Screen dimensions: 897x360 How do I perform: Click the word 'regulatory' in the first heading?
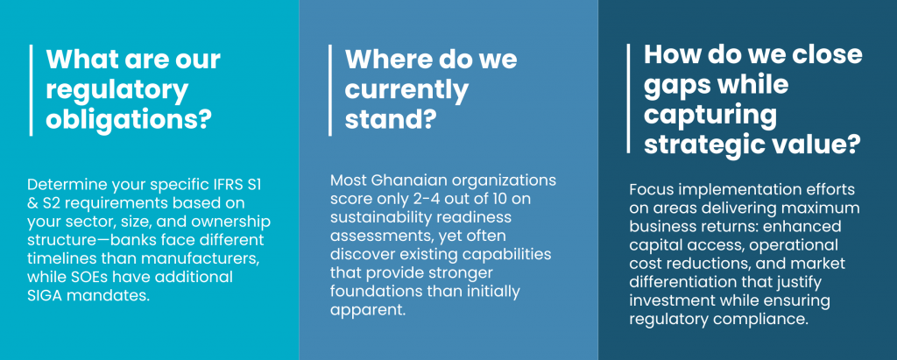coord(117,89)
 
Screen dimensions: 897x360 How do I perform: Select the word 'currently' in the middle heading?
coord(406,89)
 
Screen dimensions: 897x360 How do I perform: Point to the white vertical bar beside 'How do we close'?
coord(629,98)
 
